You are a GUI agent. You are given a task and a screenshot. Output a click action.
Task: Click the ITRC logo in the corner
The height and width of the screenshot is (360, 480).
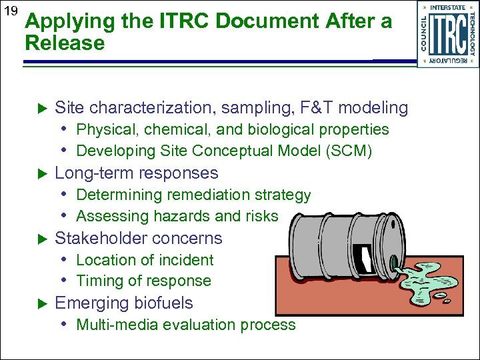coord(447,34)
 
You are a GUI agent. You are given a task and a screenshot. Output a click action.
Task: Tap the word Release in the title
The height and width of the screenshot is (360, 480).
coord(65,44)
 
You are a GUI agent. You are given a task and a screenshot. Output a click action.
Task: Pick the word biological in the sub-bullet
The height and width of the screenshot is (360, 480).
coord(285,129)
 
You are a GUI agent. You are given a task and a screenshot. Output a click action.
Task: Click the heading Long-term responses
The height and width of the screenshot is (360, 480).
coord(136,173)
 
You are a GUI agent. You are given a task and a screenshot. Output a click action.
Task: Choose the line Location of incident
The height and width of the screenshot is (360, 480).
coord(145,260)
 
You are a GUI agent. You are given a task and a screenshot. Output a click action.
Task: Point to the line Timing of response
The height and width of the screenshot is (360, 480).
coord(143,281)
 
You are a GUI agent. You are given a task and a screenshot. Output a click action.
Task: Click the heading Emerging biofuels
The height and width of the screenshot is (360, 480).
coord(123,303)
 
